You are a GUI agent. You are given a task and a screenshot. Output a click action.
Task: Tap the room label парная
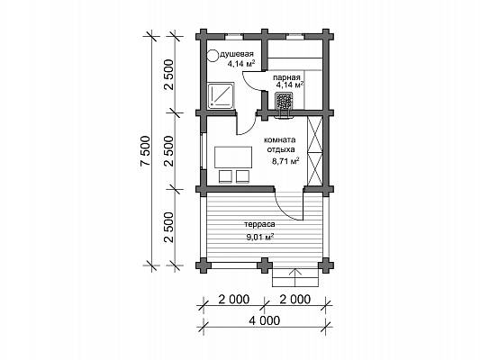tap(287, 77)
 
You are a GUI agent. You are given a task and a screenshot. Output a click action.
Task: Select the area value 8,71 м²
tap(285, 161)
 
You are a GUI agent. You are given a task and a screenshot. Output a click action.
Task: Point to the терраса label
tap(259, 224)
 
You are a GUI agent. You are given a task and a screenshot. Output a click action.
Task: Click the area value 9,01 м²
tap(259, 237)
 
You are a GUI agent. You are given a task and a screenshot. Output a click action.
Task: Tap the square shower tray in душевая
tap(221, 95)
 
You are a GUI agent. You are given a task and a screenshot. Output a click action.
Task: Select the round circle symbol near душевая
tap(212, 56)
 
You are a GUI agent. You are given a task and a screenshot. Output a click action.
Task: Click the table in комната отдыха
tap(233, 157)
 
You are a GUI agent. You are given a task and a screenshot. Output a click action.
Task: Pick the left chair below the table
tap(225, 176)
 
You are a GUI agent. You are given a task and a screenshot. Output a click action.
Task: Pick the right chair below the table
tap(242, 176)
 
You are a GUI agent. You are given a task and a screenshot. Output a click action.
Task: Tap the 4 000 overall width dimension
tap(265, 320)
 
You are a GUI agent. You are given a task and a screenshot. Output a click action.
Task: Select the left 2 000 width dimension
tap(234, 299)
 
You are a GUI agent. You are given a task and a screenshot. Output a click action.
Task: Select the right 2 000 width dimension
tap(294, 299)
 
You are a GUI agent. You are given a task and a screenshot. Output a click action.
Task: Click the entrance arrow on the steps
tap(295, 278)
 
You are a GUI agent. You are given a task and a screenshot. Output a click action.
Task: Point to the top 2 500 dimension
tap(168, 75)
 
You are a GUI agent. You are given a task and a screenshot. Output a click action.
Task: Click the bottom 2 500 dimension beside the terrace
tap(168, 228)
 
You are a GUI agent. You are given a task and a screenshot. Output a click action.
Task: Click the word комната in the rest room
tap(280, 140)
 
